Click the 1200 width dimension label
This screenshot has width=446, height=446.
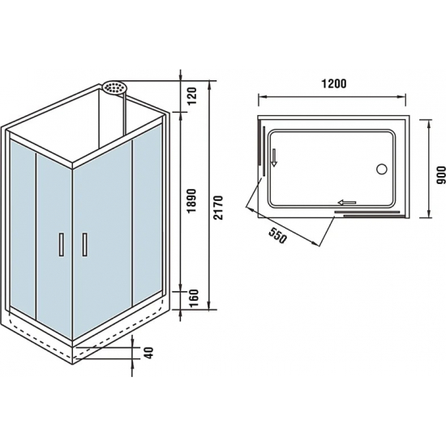333,84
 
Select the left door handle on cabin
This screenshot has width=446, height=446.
60,244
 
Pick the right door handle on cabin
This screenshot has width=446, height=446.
84,244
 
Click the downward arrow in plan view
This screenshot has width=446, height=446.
275,157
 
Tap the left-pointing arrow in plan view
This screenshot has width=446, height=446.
348,204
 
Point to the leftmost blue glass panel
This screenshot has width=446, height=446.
22,227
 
